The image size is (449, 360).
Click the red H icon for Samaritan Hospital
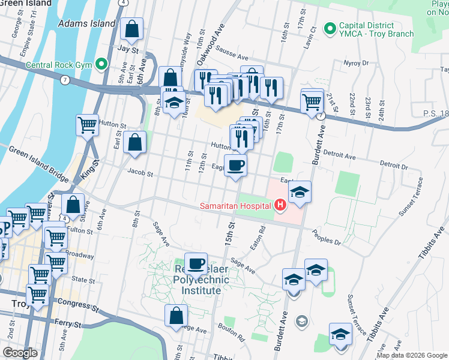point(280,206)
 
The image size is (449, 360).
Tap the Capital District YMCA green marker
point(329,28)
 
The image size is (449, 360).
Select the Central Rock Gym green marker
point(101,63)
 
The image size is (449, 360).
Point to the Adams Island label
point(86,23)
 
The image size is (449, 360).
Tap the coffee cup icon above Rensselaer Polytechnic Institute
point(196,263)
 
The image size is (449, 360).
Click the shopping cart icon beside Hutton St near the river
point(87,125)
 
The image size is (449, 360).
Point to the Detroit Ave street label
point(339,157)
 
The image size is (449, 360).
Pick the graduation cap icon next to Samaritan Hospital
point(300,192)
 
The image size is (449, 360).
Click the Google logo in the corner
point(20,352)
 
